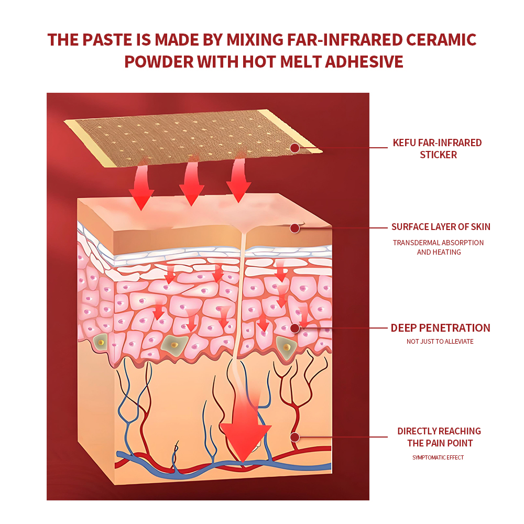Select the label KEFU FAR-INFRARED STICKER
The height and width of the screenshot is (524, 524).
coord(438,149)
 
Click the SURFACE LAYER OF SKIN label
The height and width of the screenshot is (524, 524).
coord(441,227)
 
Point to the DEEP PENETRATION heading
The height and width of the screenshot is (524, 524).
coord(440,328)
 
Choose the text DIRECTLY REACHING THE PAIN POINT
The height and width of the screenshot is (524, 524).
coord(439,437)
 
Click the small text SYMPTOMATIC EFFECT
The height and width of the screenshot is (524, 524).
coord(438,457)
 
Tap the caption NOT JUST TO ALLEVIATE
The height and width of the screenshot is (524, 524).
coord(440,342)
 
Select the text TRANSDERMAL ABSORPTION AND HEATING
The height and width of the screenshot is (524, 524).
coord(439,247)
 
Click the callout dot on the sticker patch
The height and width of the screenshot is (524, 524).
coord(294,148)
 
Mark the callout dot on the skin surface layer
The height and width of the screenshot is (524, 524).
coord(294,228)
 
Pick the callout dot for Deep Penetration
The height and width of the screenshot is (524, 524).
coord(294,328)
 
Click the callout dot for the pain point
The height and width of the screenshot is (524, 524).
coord(294,437)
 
